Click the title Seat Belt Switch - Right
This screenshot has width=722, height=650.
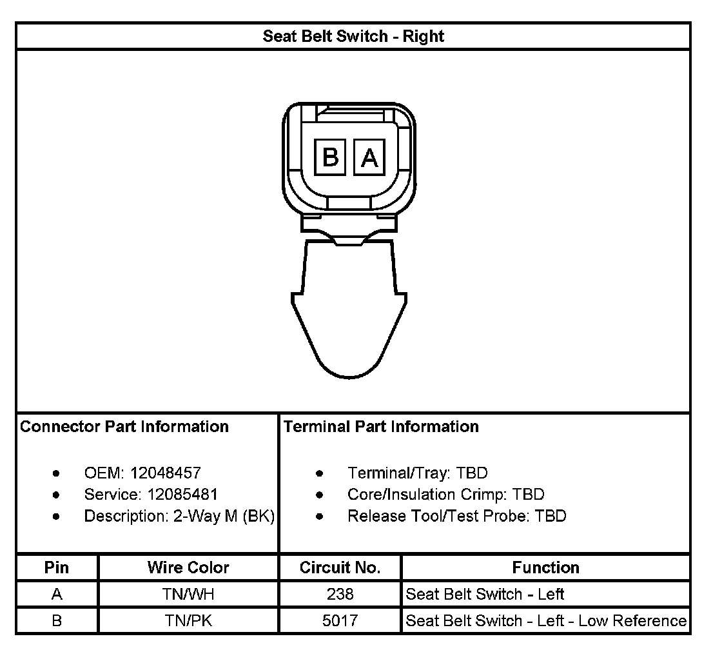tap(353, 36)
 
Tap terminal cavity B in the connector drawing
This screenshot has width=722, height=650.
tap(330, 157)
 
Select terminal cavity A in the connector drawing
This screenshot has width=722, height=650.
tap(369, 157)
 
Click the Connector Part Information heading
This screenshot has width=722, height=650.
tap(124, 427)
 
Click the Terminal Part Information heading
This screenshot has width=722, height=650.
tap(381, 427)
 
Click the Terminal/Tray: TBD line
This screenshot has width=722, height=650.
tap(417, 473)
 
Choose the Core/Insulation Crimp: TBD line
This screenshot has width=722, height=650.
tap(445, 495)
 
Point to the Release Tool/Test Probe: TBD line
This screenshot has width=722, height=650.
tap(456, 517)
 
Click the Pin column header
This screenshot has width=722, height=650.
tap(57, 568)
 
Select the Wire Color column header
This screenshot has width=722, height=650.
tap(188, 568)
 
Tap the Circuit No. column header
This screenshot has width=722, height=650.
tap(340, 568)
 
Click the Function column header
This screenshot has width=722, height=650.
tap(545, 568)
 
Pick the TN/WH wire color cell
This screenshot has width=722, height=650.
tap(188, 595)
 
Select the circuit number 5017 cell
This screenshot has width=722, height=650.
tap(340, 621)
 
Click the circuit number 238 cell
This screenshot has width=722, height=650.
tap(340, 595)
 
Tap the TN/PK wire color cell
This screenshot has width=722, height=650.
tap(188, 621)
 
